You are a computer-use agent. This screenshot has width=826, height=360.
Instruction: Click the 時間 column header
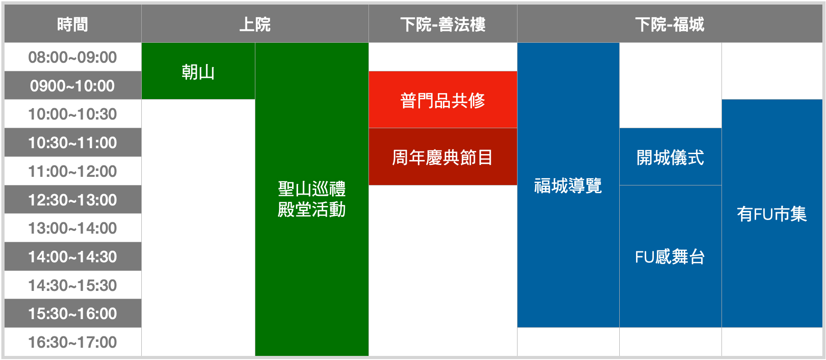coord(73,24)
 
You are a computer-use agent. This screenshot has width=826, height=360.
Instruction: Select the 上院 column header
coord(255,24)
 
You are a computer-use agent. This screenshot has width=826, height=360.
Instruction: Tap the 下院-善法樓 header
coord(443,24)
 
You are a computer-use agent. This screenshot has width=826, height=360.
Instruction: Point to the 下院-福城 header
coord(670,24)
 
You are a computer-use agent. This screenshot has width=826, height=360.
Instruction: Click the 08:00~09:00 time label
coord(73,57)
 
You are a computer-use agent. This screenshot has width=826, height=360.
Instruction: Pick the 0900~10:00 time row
coord(73,85)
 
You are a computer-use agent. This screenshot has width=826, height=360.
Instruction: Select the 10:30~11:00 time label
coord(73,143)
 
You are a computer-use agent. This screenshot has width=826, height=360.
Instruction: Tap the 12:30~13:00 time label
coord(73,200)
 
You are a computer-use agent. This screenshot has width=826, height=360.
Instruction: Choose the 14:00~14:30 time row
coord(73,257)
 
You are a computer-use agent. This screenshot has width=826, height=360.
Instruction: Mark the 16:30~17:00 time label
coord(73,342)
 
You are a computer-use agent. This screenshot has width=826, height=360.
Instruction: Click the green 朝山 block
coord(198,71)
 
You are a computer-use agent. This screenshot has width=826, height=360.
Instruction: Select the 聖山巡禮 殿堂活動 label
coord(312,199)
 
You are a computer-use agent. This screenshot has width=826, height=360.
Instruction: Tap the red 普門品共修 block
coord(443,100)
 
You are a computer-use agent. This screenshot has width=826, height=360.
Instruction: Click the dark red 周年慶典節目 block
coord(443,157)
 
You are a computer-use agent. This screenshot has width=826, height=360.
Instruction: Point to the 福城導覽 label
coord(568,185)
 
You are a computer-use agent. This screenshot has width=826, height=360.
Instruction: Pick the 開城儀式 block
coord(671,157)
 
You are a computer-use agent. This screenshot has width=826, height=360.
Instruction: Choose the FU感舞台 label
coord(670,257)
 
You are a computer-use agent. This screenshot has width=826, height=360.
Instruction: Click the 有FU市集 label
coord(772,214)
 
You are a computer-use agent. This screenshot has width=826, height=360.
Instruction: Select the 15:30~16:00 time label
coord(73,314)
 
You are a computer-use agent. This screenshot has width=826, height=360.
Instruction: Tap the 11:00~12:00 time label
coord(73,171)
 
